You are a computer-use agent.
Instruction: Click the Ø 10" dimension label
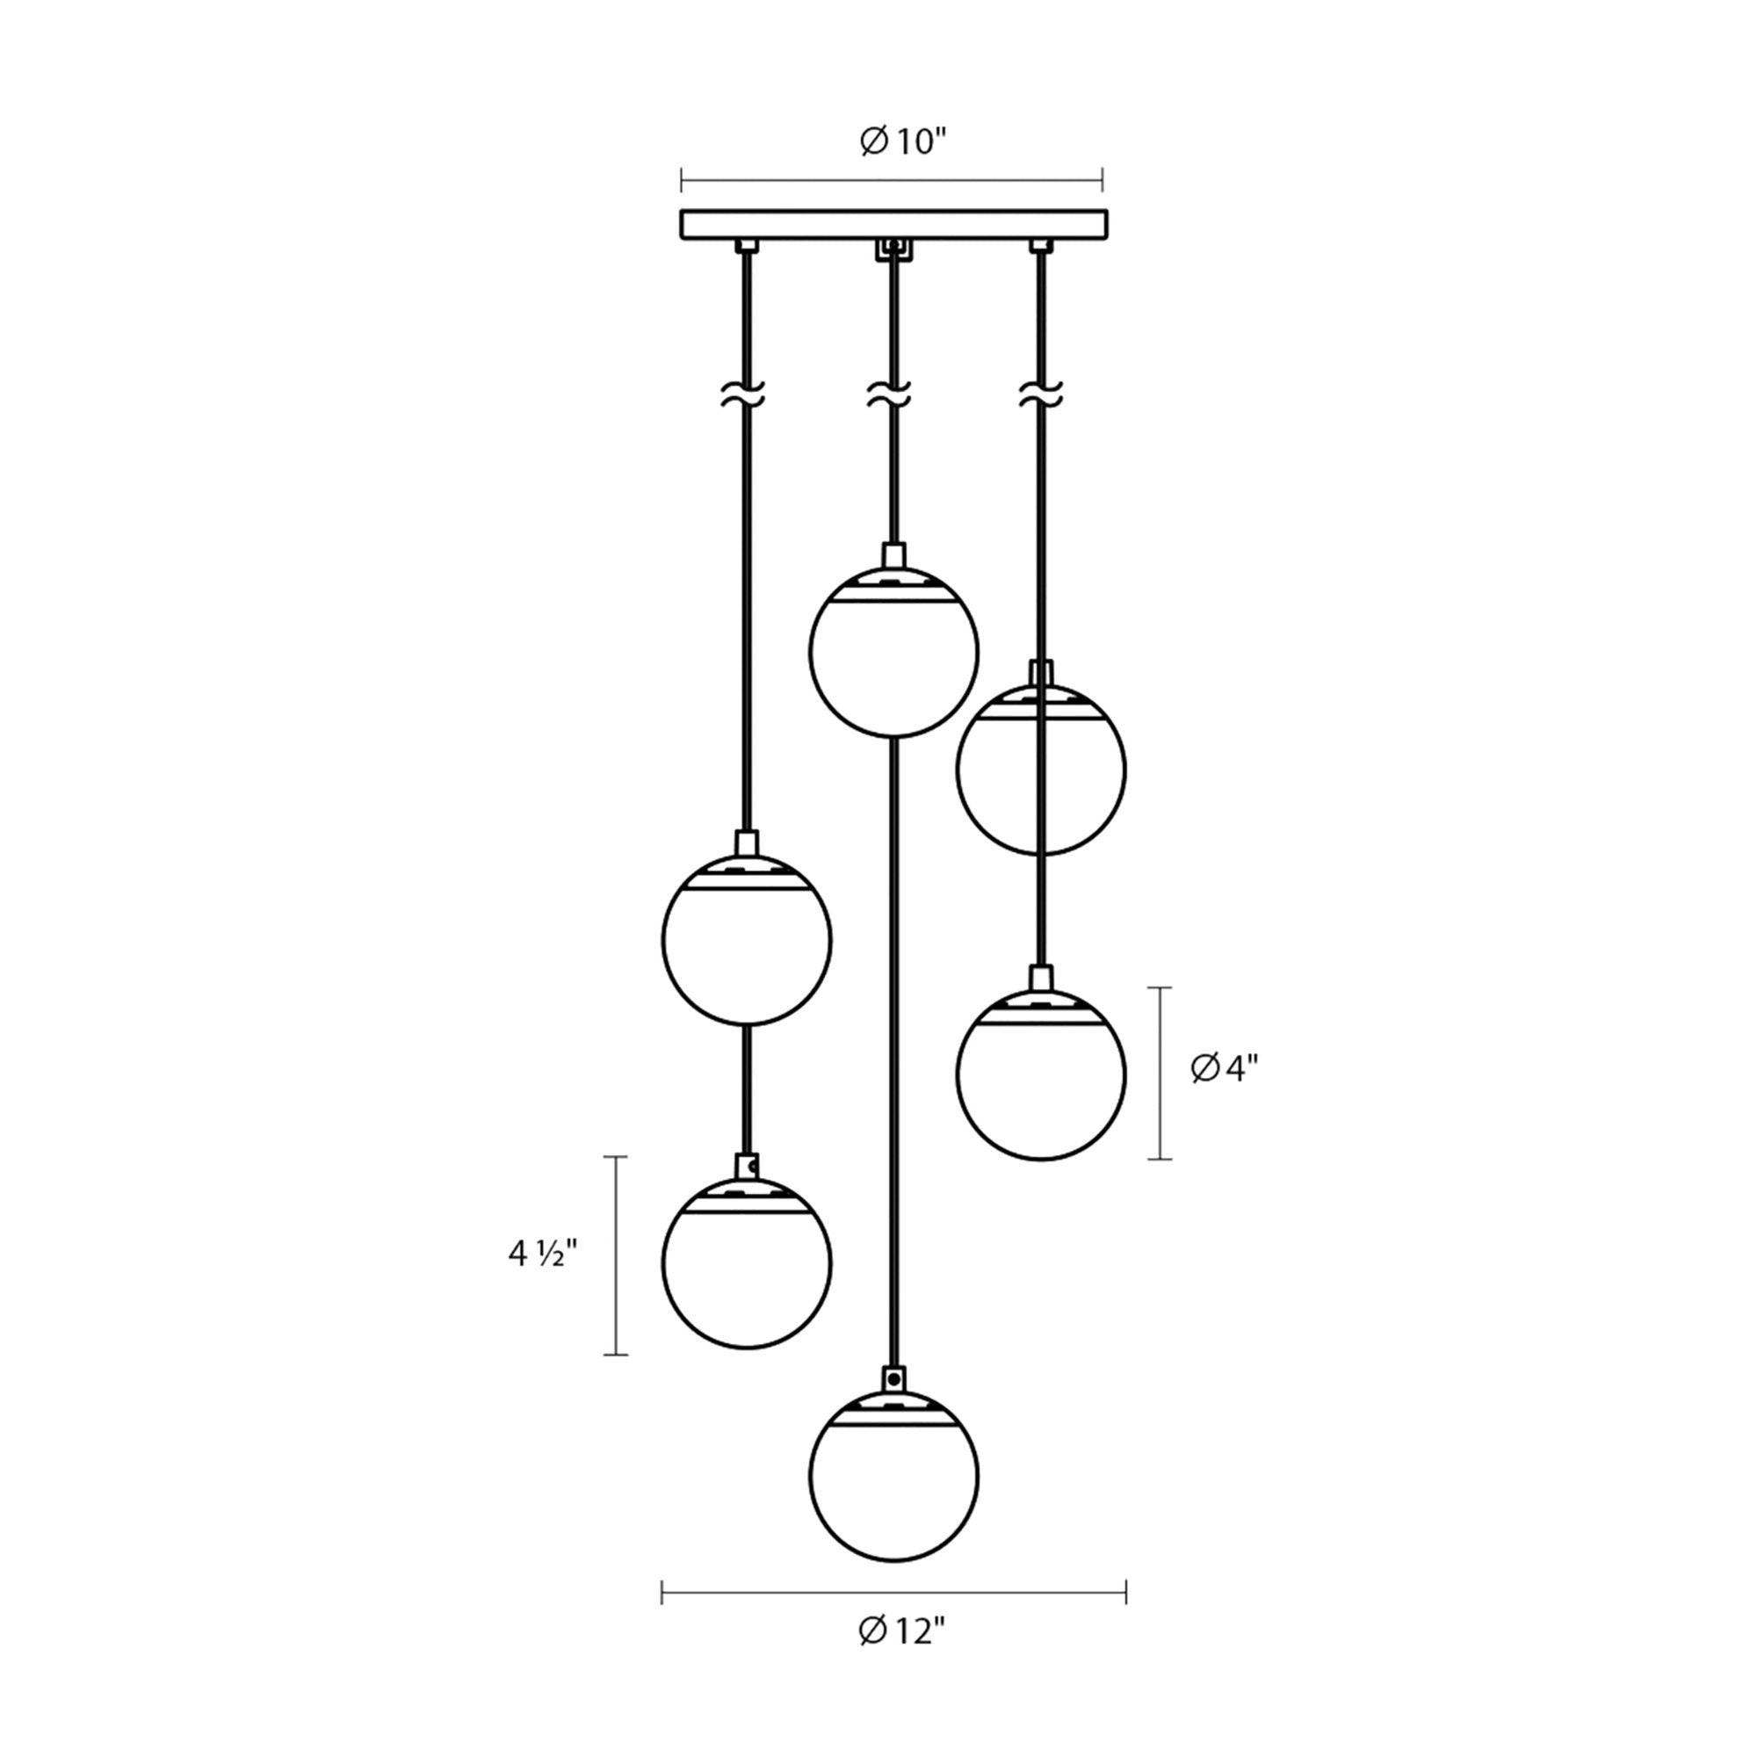coord(904,141)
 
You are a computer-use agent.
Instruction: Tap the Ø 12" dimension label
coord(902,1657)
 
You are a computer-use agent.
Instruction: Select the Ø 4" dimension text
coord(1225,1069)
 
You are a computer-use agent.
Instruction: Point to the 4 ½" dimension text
coord(543,1254)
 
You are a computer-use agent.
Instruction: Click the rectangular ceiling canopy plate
coord(894,225)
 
